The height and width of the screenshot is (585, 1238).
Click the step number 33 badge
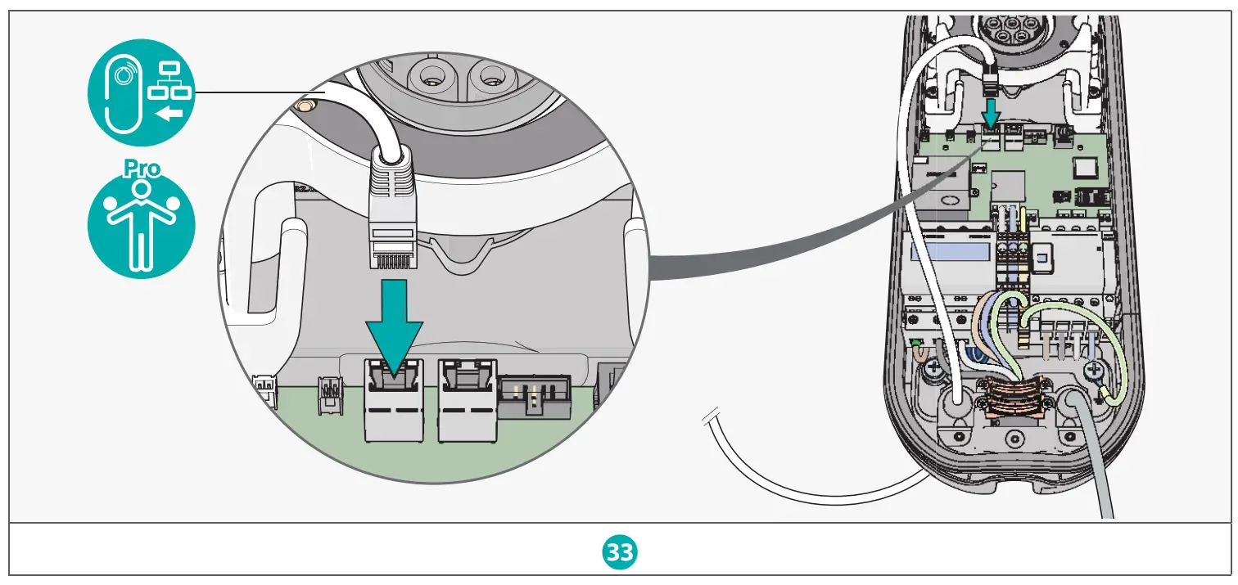pyautogui.click(x=619, y=553)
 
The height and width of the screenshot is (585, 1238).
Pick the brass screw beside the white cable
pyautogui.click(x=305, y=107)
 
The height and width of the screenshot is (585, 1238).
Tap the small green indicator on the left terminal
pyautogui.click(x=916, y=341)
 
